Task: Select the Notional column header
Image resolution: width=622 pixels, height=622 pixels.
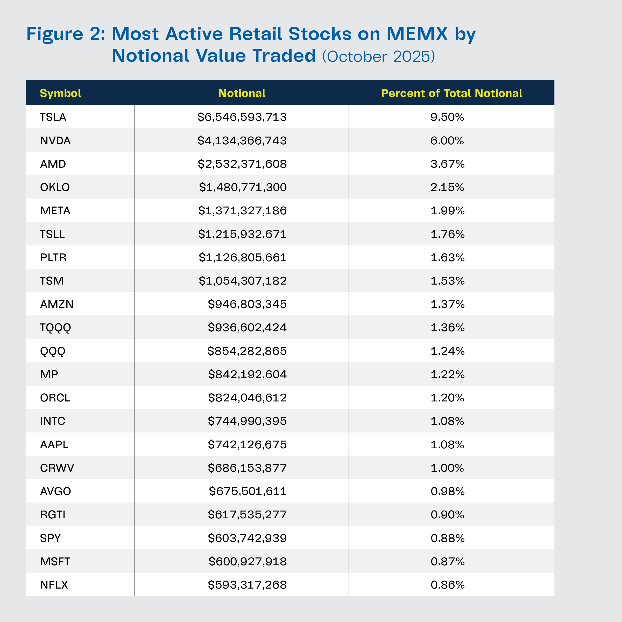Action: point(242,93)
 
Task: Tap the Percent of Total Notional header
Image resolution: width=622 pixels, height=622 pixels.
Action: point(451,93)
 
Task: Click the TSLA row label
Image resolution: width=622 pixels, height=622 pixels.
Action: point(53,117)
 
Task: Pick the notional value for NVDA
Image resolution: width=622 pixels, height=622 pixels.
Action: point(242,140)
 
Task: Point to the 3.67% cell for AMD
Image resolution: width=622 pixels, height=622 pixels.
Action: point(448,164)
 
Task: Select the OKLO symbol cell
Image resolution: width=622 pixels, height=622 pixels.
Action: point(55,187)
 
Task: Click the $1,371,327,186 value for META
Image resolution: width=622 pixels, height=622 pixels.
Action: point(242,210)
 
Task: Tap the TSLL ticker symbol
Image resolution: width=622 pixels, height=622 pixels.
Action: point(52,234)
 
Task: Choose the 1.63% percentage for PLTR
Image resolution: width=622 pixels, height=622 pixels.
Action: point(448,257)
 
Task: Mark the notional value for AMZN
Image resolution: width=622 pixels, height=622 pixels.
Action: point(247,304)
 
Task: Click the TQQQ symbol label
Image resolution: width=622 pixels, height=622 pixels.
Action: point(55,327)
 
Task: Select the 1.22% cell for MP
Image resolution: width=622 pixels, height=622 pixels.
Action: point(448,374)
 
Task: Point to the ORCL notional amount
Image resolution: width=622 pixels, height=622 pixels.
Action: point(247,398)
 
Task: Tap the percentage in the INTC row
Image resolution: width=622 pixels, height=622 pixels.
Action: point(448,421)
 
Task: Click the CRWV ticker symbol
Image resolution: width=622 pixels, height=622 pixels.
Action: point(57,468)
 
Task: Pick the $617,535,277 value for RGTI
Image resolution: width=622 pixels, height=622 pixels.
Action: point(247,514)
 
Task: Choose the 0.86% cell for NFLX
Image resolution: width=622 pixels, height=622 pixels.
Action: point(448,585)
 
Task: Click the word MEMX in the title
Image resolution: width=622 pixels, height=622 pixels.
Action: point(417,34)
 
